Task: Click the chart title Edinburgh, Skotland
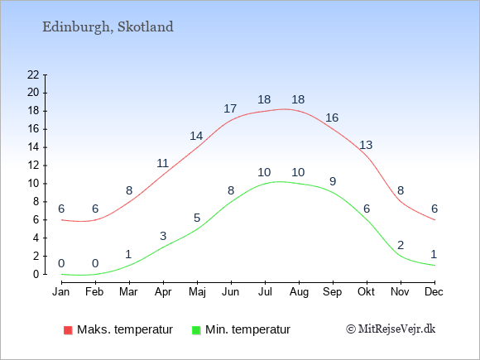coord(108,27)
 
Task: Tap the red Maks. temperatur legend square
coord(68,330)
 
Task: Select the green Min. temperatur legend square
coord(196,330)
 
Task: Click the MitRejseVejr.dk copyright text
coord(391,329)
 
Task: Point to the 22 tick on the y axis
coord(33,74)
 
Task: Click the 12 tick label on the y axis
coord(33,166)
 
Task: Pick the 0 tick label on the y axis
coord(36,274)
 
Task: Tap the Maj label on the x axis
coord(197,292)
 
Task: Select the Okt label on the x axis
coord(366,292)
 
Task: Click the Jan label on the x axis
coord(61,292)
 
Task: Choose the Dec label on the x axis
coord(434,292)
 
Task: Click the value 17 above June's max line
coord(230,108)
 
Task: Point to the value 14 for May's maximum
coord(196,136)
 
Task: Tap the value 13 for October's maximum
coord(366,145)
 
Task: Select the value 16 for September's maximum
coord(332,118)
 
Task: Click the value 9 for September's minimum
coord(333,181)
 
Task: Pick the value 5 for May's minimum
coord(197,218)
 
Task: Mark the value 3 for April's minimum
coord(163,236)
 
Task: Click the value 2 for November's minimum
coord(401,245)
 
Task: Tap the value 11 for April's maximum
coord(162,163)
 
